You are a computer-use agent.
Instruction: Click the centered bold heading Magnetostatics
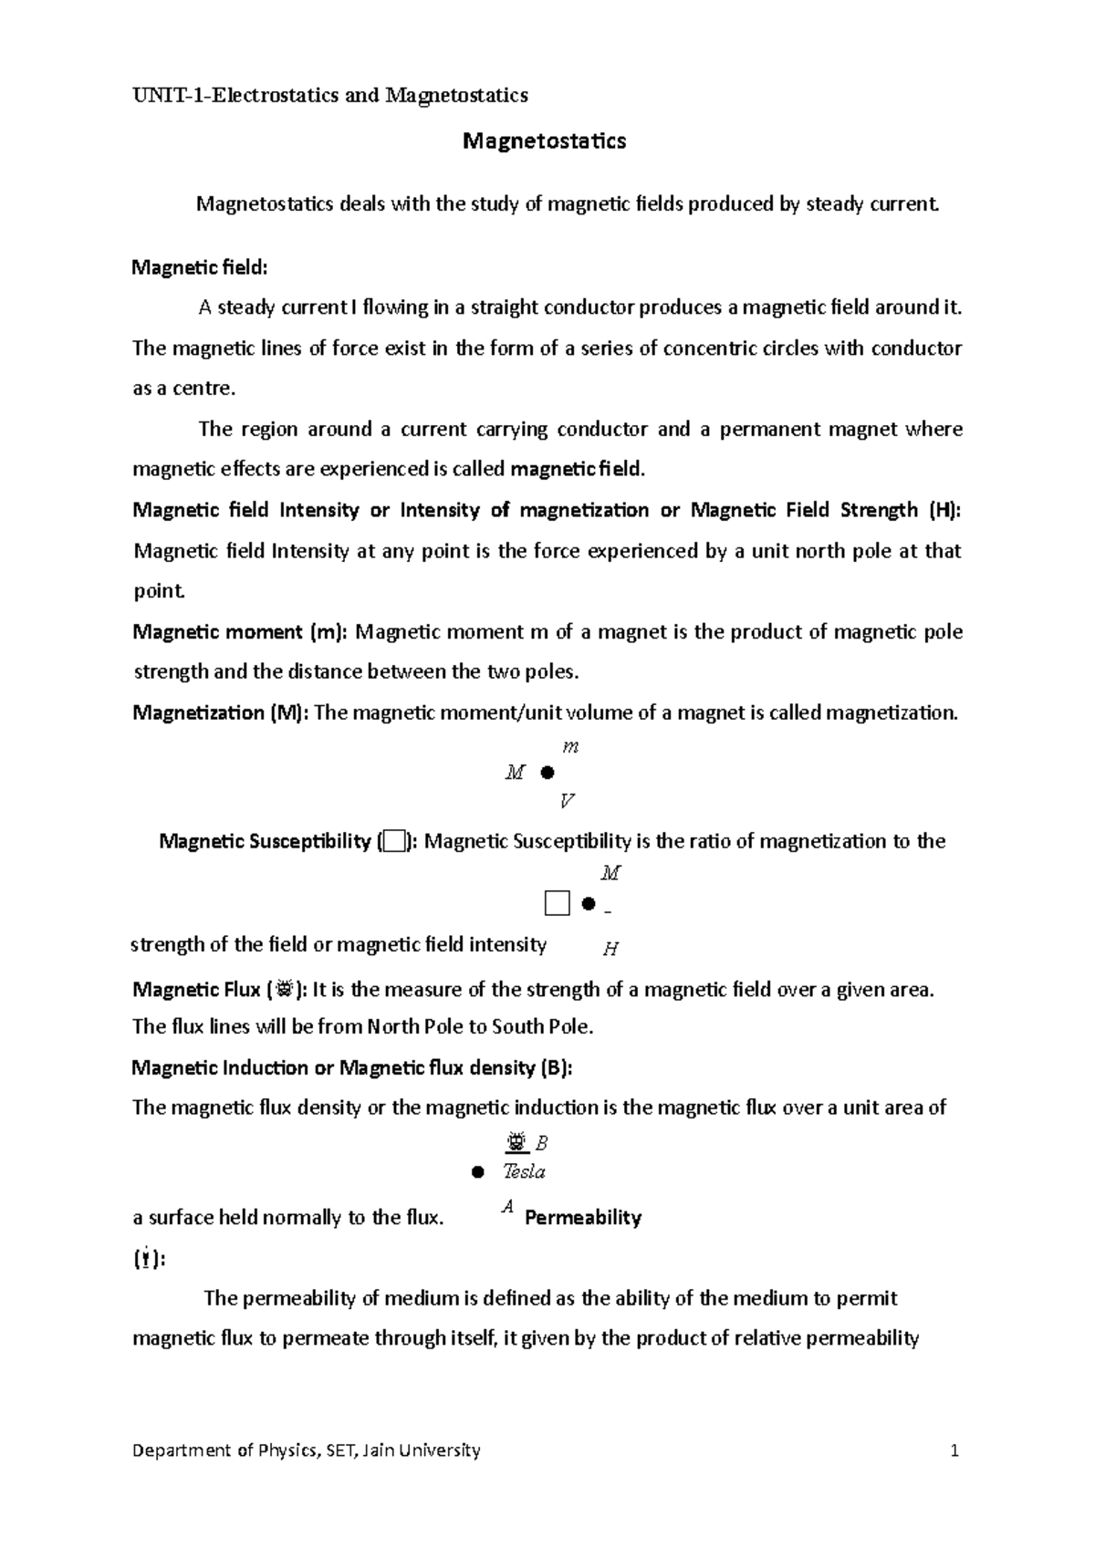coord(545,141)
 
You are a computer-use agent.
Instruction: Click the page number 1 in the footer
coord(954,1450)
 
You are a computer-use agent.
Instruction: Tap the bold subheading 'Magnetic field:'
coord(201,267)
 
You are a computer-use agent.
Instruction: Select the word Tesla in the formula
coord(524,1172)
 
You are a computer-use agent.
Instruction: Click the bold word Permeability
coord(583,1218)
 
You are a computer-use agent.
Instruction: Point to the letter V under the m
coord(567,802)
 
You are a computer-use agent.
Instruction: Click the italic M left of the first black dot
coord(515,774)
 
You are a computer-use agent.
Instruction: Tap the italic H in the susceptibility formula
coord(611,950)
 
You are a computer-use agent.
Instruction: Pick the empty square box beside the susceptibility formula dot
coord(557,904)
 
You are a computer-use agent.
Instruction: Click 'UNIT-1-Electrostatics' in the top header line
coord(235,95)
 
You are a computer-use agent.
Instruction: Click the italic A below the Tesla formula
coord(508,1207)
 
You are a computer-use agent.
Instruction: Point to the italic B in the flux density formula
coord(541,1143)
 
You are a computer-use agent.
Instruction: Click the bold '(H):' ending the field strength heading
coord(944,510)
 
